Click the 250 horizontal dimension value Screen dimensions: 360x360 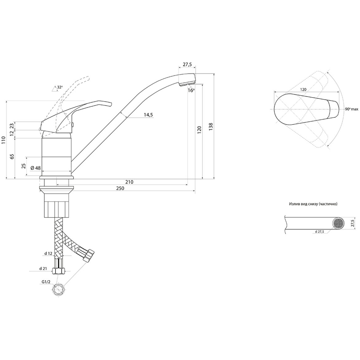[x=120, y=188]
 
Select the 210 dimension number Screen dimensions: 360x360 [x=129, y=182]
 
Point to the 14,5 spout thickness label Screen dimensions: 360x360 [x=148, y=115]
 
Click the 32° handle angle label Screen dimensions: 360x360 [x=60, y=87]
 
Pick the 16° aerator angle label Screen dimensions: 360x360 [x=191, y=90]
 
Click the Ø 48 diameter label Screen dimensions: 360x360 [x=35, y=168]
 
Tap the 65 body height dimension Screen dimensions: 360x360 [x=12, y=157]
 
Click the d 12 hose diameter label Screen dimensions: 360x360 [x=48, y=254]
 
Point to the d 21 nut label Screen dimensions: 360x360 [x=43, y=268]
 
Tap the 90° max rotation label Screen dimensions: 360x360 [x=352, y=109]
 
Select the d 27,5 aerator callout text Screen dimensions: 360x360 [x=319, y=232]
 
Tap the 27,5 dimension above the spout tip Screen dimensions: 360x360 [x=187, y=64]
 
